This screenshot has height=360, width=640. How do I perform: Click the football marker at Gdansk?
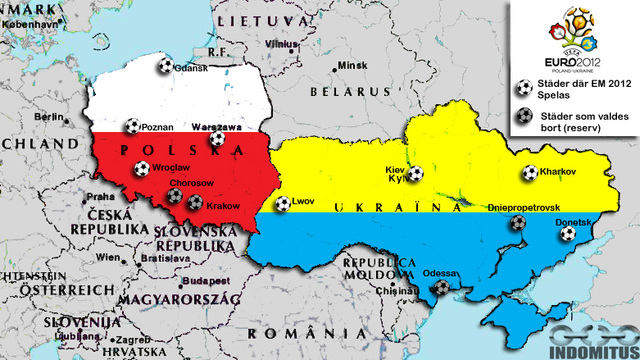pyautogui.click(x=164, y=66)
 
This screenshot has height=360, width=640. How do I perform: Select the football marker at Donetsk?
pyautogui.click(x=567, y=234)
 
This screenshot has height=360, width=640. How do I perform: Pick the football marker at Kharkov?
pyautogui.click(x=529, y=172)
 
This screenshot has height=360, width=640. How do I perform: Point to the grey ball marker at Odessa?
pyautogui.click(x=441, y=287)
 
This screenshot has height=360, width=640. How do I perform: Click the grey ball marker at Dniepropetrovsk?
pyautogui.click(x=517, y=223)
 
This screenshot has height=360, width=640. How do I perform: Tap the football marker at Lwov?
pyautogui.click(x=283, y=203)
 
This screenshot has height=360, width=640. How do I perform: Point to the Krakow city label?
pyautogui.click(x=224, y=205)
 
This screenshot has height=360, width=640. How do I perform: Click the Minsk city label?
pyautogui.click(x=353, y=66)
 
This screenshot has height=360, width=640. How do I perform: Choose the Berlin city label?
pyautogui.click(x=47, y=117)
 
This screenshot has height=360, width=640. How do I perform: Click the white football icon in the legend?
pyautogui.click(x=521, y=88)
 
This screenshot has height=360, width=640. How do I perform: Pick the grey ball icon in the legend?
pyautogui.click(x=521, y=116)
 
